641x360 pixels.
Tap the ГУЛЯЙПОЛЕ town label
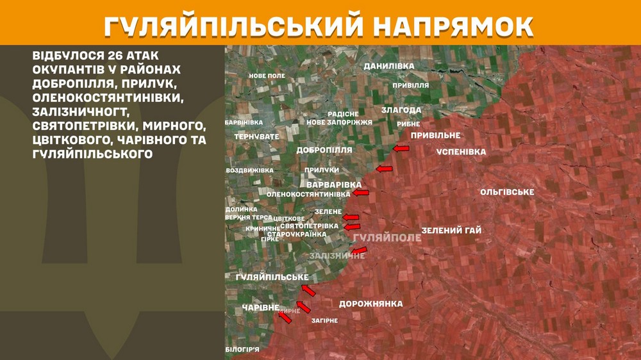coord(387,238)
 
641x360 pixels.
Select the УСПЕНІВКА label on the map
coord(461,152)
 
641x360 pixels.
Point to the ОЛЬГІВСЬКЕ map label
coord(507,192)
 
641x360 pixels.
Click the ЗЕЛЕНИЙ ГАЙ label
coord(451,231)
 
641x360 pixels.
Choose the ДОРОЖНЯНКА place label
coord(370,304)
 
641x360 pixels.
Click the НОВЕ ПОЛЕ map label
coord(267,76)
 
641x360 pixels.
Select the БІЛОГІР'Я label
coord(242,349)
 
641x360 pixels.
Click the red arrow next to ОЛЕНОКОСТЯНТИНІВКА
coord(361,192)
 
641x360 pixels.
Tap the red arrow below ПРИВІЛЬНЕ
coord(401,149)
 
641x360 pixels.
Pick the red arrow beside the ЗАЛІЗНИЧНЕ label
coord(359,250)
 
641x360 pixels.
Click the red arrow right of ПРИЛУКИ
coord(383,169)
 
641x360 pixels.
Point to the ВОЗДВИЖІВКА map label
coord(249,170)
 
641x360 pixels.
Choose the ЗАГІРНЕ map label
coord(324,320)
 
